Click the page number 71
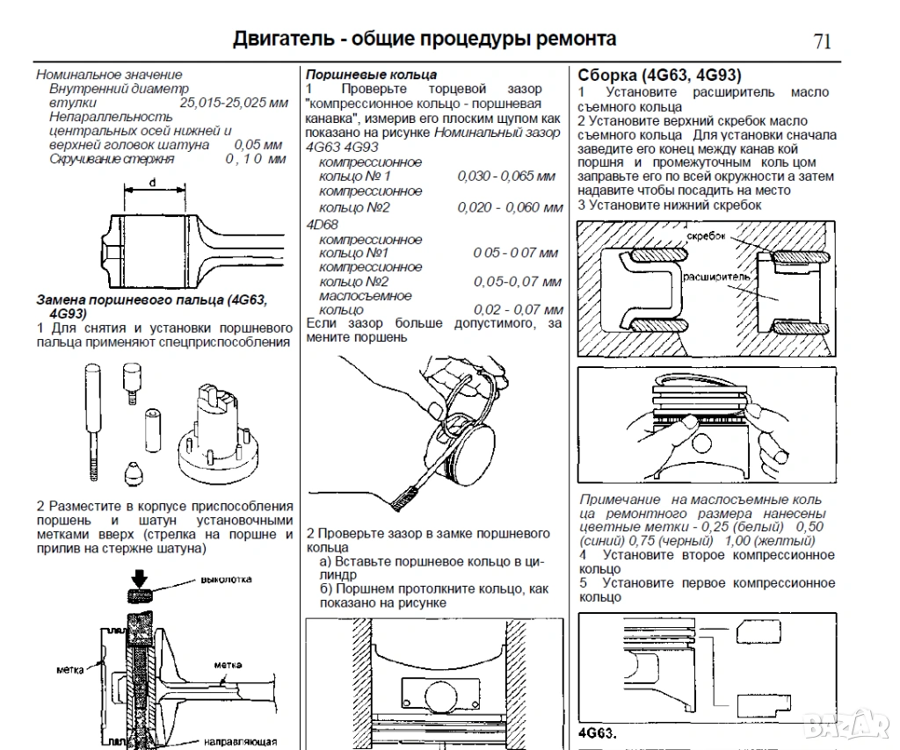coord(822,41)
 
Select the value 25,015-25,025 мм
coord(234,103)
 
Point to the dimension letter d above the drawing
coord(153,182)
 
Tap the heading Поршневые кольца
coord(371,75)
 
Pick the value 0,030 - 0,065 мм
coord(506,177)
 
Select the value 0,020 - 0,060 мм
coord(510,207)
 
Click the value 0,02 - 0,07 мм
coord(518,310)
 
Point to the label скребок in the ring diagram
coord(706,237)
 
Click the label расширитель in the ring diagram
coord(718,275)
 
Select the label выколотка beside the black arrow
coord(227,580)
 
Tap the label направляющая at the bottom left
coord(241,740)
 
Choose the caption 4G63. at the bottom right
coord(598,733)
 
